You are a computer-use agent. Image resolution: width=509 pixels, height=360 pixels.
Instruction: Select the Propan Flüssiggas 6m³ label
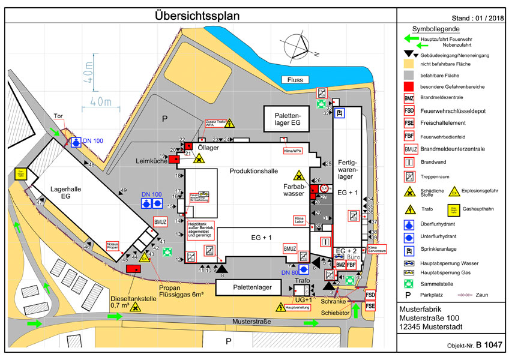[x=184, y=292]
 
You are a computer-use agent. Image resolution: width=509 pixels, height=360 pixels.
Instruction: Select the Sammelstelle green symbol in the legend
[x=409, y=280]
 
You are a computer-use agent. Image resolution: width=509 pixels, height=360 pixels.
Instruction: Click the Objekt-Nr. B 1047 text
[x=474, y=346]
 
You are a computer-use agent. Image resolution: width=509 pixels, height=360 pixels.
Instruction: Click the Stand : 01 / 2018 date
[x=472, y=19]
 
